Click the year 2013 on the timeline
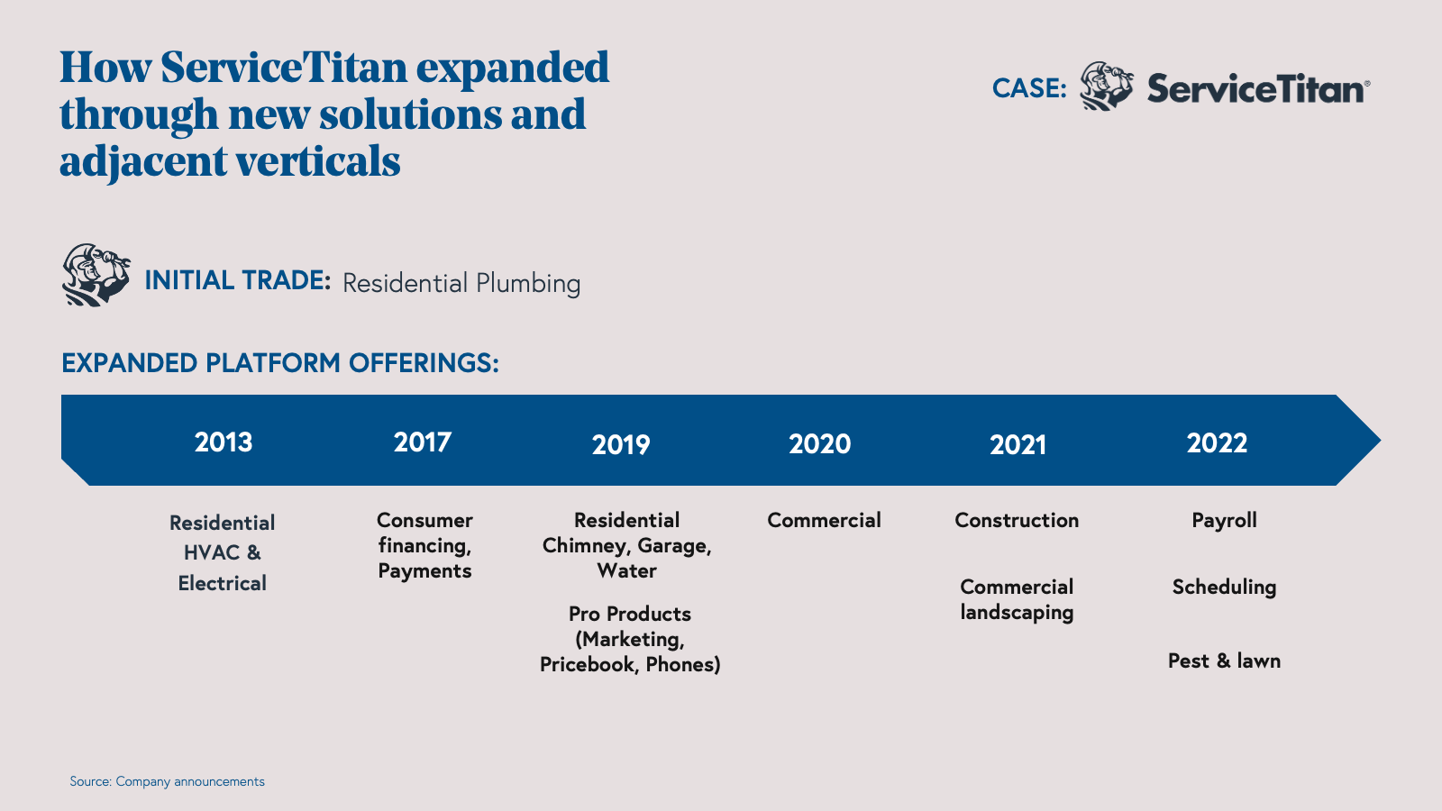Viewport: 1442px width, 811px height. (x=224, y=442)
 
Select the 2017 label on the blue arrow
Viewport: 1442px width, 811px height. (x=423, y=442)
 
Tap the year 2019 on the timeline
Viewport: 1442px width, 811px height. (x=621, y=445)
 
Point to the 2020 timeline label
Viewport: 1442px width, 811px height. (x=820, y=444)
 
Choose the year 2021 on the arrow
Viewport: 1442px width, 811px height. (x=1018, y=445)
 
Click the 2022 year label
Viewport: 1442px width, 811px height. (x=1218, y=442)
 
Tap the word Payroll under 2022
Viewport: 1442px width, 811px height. (x=1225, y=521)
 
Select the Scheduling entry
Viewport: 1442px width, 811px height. (x=1225, y=588)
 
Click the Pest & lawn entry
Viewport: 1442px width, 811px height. (x=1225, y=661)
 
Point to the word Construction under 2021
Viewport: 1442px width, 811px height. (x=1018, y=520)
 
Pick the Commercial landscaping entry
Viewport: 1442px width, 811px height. (x=1018, y=600)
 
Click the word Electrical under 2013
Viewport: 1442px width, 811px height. (x=222, y=583)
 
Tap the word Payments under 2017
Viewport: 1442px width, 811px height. (x=424, y=571)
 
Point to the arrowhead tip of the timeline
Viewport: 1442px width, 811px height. (x=1380, y=441)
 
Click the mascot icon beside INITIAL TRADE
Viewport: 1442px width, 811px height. (x=96, y=275)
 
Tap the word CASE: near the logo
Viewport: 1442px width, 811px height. (x=1029, y=89)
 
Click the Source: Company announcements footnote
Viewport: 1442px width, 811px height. (x=168, y=781)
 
